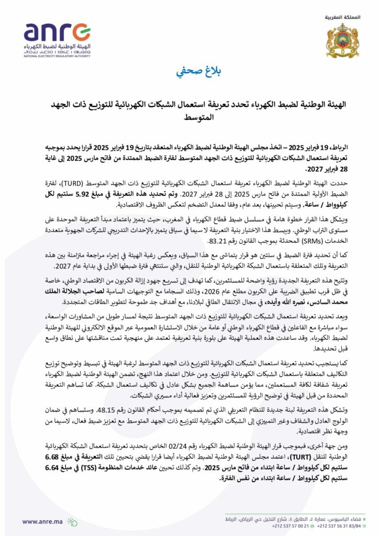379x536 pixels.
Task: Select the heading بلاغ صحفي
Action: click(189, 72)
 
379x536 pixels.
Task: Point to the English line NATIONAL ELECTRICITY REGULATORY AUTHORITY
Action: click(57, 56)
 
